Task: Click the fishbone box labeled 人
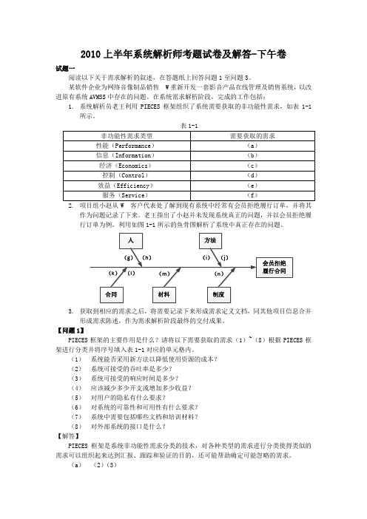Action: [x=131, y=240]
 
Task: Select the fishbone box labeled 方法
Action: [x=210, y=240]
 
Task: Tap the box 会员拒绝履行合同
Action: [x=275, y=267]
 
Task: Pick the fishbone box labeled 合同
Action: [x=112, y=294]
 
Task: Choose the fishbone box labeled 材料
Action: [x=164, y=294]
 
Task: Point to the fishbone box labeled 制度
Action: [x=218, y=294]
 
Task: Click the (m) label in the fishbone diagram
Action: [x=164, y=274]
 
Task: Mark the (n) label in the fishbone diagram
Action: [x=219, y=274]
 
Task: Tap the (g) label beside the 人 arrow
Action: [x=128, y=258]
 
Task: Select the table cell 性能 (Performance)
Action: [x=127, y=146]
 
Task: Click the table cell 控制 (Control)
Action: [x=127, y=176]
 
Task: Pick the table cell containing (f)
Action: [x=252, y=196]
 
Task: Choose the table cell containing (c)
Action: [x=252, y=166]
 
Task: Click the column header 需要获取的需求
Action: [x=252, y=136]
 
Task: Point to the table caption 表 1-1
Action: [x=189, y=126]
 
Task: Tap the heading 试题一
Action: [x=65, y=69]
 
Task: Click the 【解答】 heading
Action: [x=68, y=436]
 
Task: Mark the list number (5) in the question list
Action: [x=76, y=398]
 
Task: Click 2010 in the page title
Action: [x=90, y=54]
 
